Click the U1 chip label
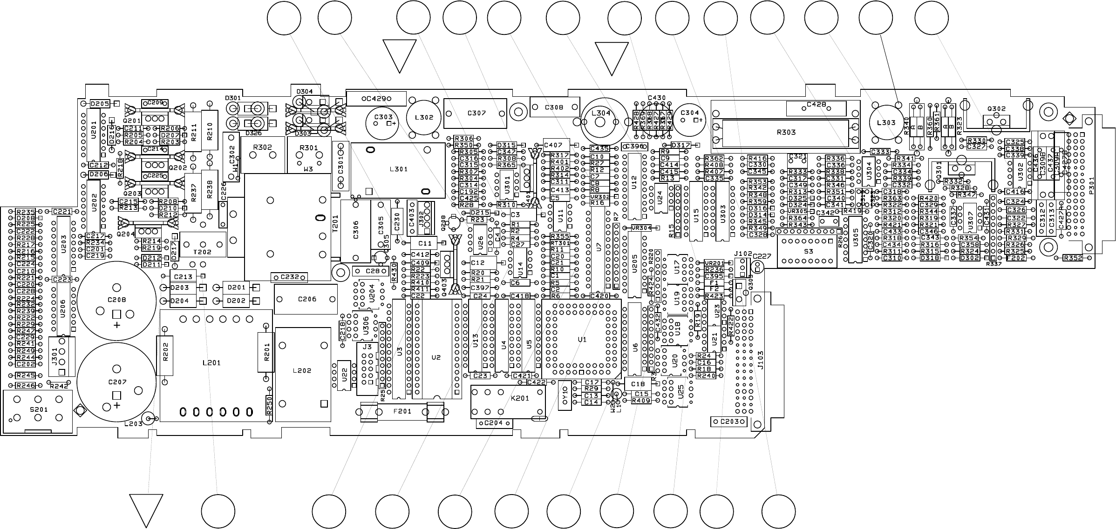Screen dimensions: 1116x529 coord(582,340)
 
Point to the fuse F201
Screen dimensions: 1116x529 coord(402,412)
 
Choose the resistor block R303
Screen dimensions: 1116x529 coord(786,132)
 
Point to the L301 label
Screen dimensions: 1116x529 coord(398,169)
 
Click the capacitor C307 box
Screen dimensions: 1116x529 coord(475,113)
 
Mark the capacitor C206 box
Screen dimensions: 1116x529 coord(306,299)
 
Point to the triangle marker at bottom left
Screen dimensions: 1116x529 coord(146,509)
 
